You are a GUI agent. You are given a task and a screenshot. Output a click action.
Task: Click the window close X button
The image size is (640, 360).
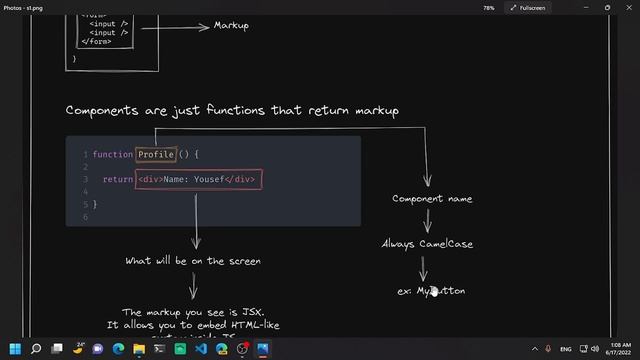tap(625, 7)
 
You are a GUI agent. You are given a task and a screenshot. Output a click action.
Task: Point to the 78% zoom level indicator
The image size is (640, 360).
tap(488, 7)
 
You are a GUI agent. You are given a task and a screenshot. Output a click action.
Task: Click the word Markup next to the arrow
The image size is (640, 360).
tap(231, 25)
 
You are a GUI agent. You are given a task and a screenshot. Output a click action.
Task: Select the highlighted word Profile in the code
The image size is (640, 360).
tap(156, 154)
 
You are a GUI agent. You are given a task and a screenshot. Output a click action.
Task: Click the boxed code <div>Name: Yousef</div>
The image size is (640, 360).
tap(199, 179)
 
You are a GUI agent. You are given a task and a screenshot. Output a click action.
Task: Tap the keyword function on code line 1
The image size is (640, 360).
tap(112, 154)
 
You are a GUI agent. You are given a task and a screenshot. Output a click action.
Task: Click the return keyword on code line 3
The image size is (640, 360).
tap(118, 179)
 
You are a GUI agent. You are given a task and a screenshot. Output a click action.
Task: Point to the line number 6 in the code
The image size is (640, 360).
tap(86, 216)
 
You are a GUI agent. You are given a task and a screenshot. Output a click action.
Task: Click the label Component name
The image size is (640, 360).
tap(432, 198)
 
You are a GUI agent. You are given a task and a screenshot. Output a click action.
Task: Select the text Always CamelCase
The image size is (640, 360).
tap(427, 243)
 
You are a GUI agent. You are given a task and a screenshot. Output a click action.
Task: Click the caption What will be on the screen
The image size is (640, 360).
tap(193, 261)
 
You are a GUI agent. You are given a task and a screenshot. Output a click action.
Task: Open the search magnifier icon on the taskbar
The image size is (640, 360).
tap(36, 349)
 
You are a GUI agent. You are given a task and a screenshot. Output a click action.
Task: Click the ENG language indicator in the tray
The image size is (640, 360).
tap(566, 349)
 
